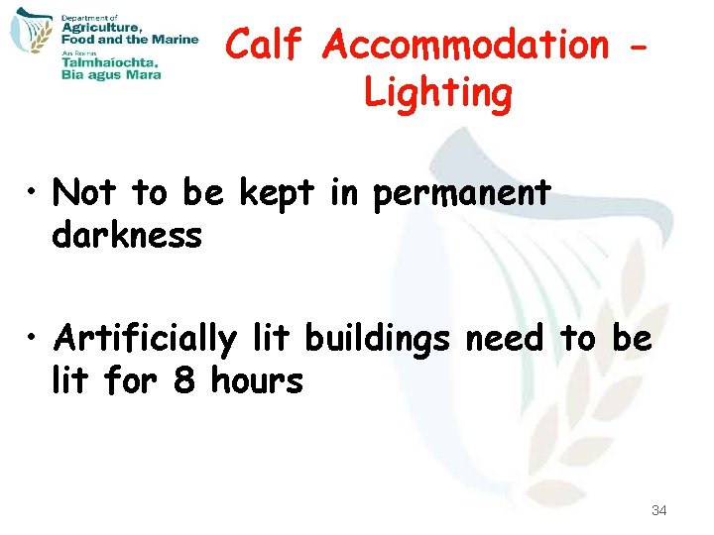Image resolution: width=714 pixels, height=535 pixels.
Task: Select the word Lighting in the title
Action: pos(437,93)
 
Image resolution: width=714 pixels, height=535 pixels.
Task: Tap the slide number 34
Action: pos(658,510)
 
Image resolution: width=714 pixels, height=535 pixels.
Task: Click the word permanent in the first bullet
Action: pos(462,192)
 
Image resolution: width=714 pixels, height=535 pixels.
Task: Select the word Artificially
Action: pos(146,339)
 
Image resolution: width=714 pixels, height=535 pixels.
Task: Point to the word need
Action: pos(504,339)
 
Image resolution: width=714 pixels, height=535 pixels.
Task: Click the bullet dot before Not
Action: pos(35,192)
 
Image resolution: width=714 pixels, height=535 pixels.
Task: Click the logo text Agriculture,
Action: pos(102,29)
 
